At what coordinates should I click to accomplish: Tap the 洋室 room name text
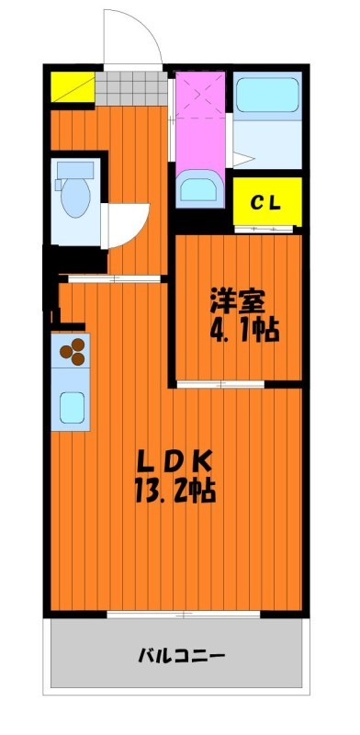pyautogui.click(x=238, y=301)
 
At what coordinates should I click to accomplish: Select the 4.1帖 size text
pyautogui.click(x=243, y=331)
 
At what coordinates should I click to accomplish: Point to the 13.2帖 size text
pyautogui.click(x=175, y=491)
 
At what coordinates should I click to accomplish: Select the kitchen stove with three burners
pyautogui.click(x=71, y=350)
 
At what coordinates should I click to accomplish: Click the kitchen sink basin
pyautogui.click(x=73, y=408)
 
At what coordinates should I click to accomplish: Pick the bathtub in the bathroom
pyautogui.click(x=267, y=95)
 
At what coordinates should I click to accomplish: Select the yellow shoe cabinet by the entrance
pyautogui.click(x=73, y=86)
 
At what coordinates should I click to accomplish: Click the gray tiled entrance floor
pyautogui.click(x=131, y=88)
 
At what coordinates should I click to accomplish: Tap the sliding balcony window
pyautogui.click(x=184, y=614)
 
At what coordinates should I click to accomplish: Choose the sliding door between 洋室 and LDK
pyautogui.click(x=220, y=384)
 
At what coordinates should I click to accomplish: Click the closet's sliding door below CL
pyautogui.click(x=264, y=229)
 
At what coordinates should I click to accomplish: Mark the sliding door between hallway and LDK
pyautogui.click(x=115, y=278)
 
